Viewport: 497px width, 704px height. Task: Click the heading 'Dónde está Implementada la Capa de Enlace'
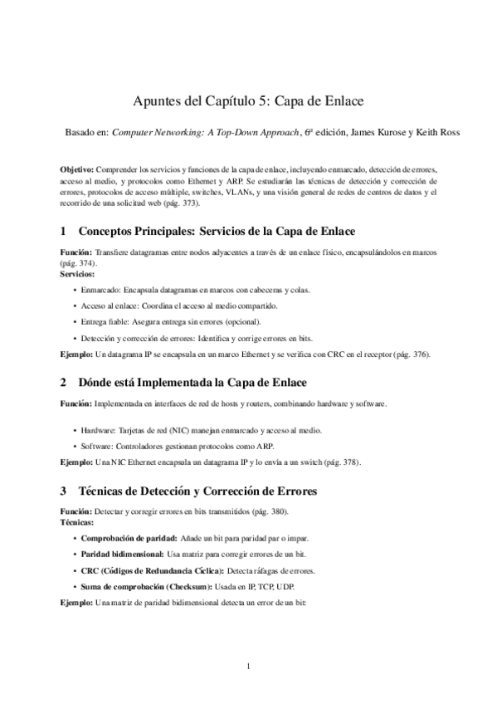click(x=191, y=382)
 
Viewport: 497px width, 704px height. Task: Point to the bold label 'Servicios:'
click(x=77, y=272)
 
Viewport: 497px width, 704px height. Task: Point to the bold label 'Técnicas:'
click(x=76, y=524)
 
